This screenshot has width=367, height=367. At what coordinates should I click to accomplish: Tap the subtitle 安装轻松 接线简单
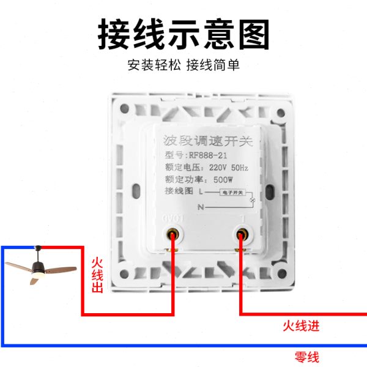coord(183,65)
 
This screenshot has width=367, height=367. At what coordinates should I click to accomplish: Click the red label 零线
coord(306,357)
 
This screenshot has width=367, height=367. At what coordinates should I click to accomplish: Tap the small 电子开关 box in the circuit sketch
coord(231,193)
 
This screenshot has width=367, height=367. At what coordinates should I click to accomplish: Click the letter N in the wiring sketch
coord(199,207)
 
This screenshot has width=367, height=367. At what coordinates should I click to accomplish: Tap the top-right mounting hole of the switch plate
coord(281,113)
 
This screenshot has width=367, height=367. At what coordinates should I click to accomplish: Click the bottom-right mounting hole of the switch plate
coord(281,272)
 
